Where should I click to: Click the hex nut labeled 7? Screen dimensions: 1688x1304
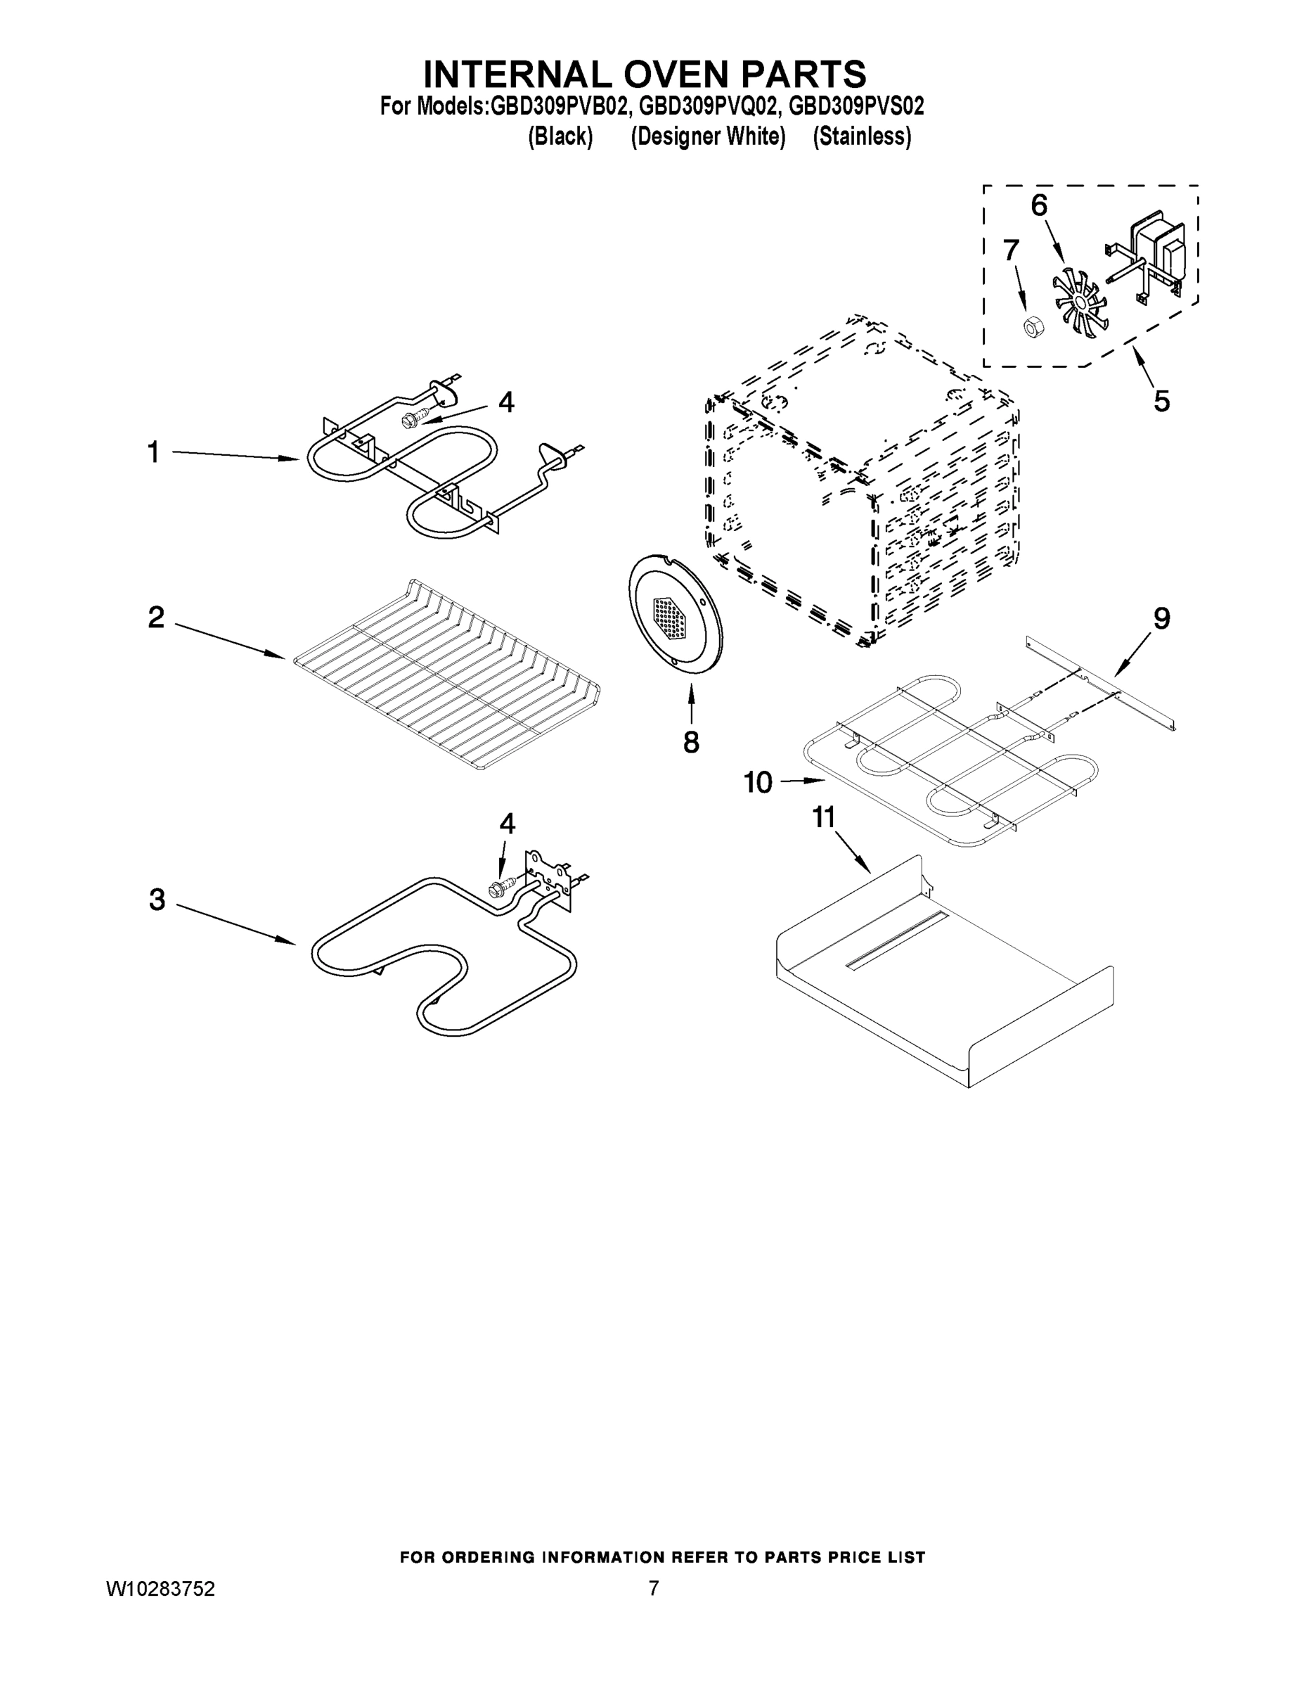(1031, 327)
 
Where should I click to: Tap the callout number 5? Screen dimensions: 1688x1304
(1161, 401)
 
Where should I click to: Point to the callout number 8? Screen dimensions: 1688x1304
(690, 742)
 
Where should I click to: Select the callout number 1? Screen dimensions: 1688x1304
(153, 452)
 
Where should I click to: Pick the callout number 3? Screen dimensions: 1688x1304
(157, 900)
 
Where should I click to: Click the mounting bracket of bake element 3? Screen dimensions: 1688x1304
(549, 877)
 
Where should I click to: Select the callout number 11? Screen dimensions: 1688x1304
(823, 817)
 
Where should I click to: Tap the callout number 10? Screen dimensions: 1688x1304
(757, 783)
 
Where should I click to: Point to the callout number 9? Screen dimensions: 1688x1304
(1161, 618)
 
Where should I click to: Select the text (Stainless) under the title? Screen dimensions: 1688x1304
(861, 137)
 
